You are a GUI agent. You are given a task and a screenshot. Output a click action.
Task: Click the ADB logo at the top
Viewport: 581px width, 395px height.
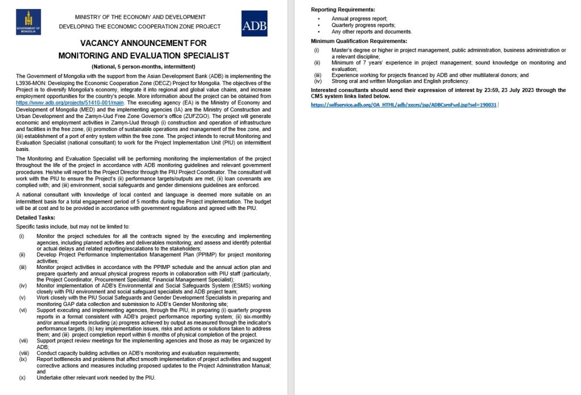[x=254, y=24]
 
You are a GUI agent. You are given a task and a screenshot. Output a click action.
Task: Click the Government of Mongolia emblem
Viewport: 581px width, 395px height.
[x=28, y=22]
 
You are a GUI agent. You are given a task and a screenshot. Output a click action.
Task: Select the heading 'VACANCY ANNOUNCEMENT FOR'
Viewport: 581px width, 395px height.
[x=144, y=43]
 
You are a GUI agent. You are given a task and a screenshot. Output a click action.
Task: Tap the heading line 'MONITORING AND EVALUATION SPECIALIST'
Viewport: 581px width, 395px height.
[x=144, y=56]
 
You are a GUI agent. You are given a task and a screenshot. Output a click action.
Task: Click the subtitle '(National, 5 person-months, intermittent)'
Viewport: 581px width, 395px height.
[x=144, y=67]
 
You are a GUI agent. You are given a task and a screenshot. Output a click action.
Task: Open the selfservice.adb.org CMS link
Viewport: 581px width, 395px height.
[x=403, y=105]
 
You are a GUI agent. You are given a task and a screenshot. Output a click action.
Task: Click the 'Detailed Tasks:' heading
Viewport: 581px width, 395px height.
[x=36, y=218]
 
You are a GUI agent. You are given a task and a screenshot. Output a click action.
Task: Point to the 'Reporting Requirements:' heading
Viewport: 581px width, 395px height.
[x=343, y=10]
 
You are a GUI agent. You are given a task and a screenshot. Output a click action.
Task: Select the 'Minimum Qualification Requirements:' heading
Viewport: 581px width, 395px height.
[x=359, y=41]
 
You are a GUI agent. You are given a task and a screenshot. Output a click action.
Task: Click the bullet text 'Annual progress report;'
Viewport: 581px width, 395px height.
[x=359, y=19]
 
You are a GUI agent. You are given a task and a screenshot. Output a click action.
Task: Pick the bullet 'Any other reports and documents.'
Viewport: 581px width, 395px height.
[x=372, y=32]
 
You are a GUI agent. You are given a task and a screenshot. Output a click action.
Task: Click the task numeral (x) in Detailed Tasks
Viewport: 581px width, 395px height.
[x=22, y=377]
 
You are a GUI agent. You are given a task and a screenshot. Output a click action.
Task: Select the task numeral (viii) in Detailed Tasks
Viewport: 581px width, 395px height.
[x=23, y=353]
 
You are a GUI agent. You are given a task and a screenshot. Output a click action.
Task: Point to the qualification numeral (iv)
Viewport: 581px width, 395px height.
[x=317, y=81]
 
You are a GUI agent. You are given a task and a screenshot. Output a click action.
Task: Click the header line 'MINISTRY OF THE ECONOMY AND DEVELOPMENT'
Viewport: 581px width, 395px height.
[x=140, y=17]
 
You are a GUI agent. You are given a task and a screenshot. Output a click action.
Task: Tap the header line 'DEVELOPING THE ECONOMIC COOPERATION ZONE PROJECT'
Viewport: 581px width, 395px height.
[x=140, y=27]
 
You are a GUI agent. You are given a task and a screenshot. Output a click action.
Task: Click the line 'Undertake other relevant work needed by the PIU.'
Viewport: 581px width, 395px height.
[x=95, y=377]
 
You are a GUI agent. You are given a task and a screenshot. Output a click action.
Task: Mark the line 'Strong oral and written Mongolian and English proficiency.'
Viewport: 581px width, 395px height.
[x=401, y=81]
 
